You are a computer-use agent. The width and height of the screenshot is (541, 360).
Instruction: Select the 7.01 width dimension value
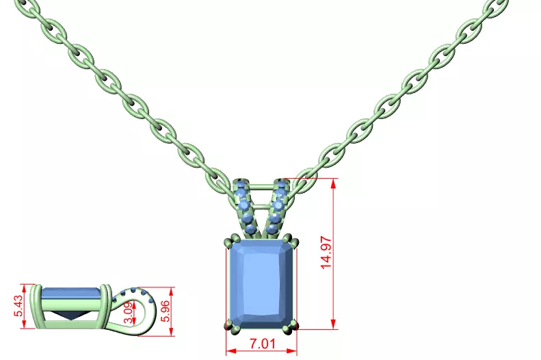click(261, 343)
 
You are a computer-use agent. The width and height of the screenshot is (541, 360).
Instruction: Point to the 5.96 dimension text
click(165, 311)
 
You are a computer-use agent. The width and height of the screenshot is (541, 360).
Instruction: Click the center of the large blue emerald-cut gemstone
click(261, 283)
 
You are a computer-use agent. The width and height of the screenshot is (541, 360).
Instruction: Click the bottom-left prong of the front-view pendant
click(227, 326)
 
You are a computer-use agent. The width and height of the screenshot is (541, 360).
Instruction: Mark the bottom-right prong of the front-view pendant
click(294, 325)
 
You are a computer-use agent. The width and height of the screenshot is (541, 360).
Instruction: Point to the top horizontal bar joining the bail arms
click(261, 185)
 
